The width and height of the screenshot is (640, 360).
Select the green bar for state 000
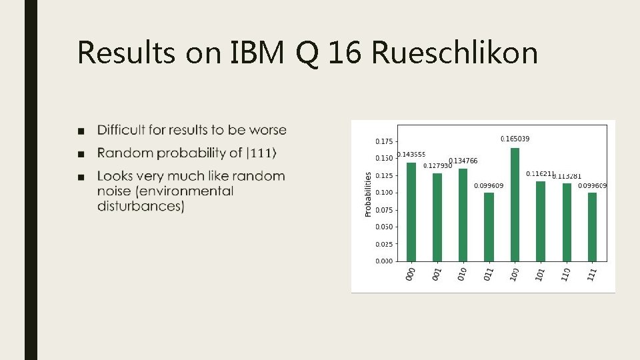tap(411, 212)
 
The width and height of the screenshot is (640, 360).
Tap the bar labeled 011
tap(489, 227)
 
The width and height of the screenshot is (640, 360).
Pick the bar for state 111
tap(592, 227)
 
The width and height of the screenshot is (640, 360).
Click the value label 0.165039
tap(515, 139)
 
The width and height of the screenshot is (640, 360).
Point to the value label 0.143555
tap(411, 155)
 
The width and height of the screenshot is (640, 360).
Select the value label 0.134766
tap(463, 161)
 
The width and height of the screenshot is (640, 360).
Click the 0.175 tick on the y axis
tap(384, 141)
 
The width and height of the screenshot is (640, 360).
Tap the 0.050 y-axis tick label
tap(384, 227)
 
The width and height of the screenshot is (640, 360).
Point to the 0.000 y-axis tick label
tap(384, 261)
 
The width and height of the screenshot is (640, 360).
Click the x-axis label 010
tap(462, 274)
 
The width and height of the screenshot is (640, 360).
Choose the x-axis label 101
tap(540, 274)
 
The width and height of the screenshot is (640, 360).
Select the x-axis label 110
tap(566, 274)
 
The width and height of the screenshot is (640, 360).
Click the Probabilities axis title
tap(368, 194)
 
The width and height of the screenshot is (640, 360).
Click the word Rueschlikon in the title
tap(455, 53)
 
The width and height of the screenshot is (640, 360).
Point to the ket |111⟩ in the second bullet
tap(262, 153)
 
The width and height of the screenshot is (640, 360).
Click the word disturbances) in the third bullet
tap(141, 206)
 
